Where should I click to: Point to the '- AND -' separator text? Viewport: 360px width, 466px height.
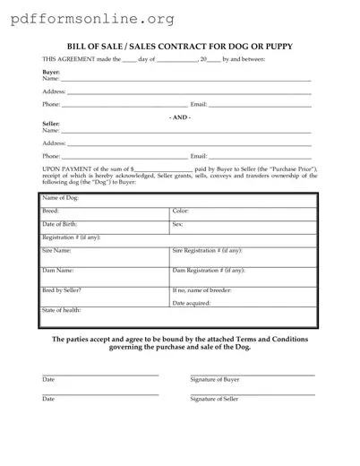point(180,116)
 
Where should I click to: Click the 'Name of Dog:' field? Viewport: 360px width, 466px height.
point(179,199)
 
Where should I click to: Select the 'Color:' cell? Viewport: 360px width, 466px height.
point(242,213)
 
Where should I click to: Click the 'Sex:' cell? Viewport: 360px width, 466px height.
point(242,226)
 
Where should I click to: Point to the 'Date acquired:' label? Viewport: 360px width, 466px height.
point(193,304)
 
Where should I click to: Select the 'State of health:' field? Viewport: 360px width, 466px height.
point(179,317)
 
